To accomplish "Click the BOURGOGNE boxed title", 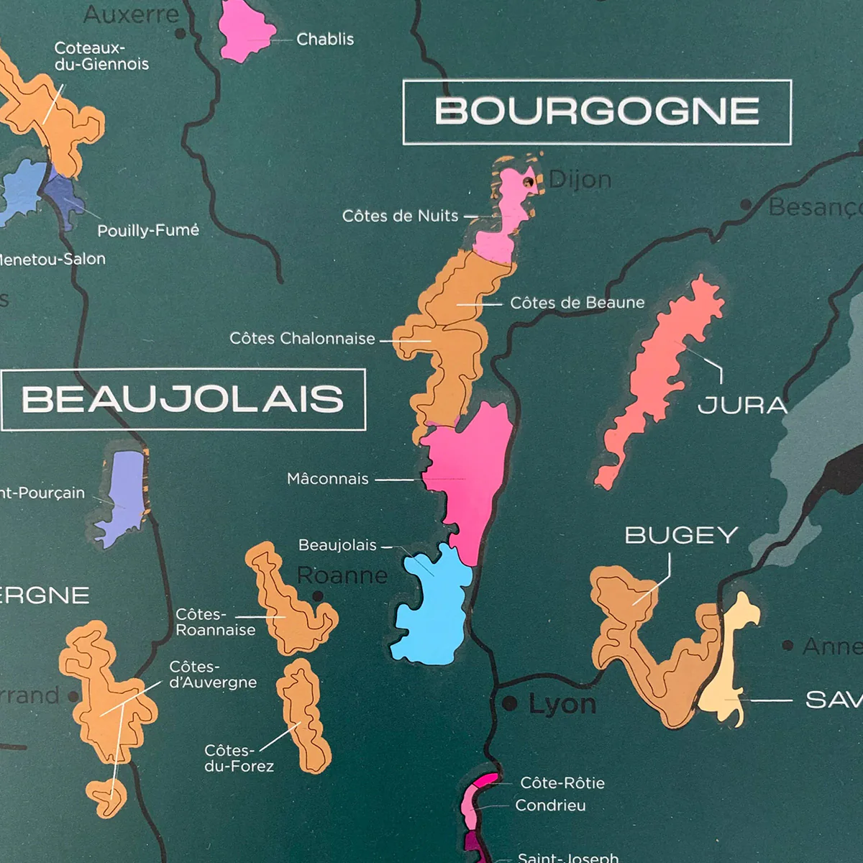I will (597, 111).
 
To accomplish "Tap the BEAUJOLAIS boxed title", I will (183, 399).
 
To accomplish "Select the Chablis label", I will (325, 39).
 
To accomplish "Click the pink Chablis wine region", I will (246, 30).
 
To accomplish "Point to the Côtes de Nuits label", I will (400, 216).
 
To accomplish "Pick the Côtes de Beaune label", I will (577, 303).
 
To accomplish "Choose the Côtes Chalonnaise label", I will (302, 338).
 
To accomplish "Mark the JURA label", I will (742, 406).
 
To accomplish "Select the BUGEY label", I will (681, 535).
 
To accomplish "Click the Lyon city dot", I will (510, 704).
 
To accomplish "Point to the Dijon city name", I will (580, 180).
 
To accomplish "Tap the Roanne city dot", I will (318, 595).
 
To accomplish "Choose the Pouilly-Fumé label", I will (148, 230).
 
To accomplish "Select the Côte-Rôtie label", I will (562, 782).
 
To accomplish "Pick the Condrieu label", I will (550, 805).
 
